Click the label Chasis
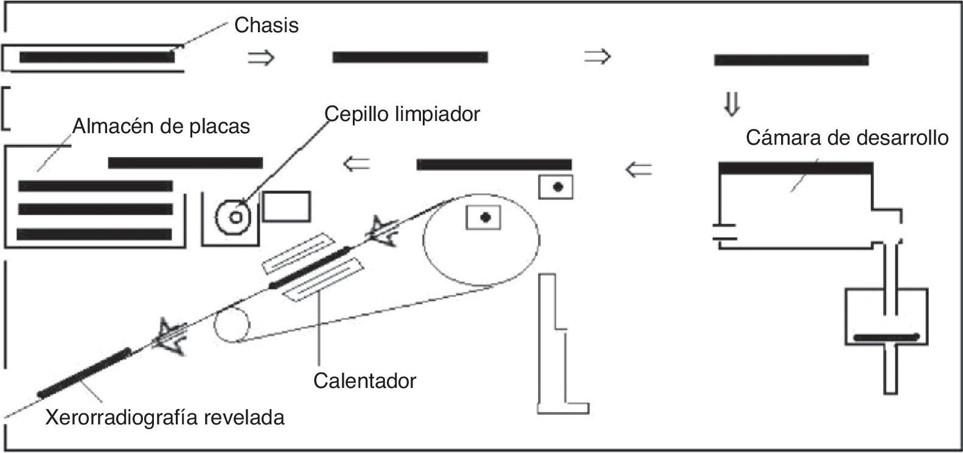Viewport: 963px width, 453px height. pos(266,26)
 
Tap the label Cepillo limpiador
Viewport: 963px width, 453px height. pos(402,113)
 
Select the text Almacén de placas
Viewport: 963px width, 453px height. pos(161,126)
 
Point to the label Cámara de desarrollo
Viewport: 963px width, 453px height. pos(847,137)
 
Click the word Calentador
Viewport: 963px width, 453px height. pos(364,381)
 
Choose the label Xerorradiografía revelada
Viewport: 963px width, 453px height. pos(165,418)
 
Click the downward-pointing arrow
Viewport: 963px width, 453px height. pos(731,104)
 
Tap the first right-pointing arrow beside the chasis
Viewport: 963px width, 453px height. pos(262,58)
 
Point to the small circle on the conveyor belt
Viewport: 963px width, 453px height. pos(231,325)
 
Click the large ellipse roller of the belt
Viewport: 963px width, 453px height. pos(481,240)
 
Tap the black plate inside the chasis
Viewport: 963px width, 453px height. pos(97,58)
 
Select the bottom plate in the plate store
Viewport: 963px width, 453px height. pos(94,234)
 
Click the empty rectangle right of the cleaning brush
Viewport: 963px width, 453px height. pos(286,206)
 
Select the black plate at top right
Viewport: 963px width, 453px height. pos(791,60)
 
